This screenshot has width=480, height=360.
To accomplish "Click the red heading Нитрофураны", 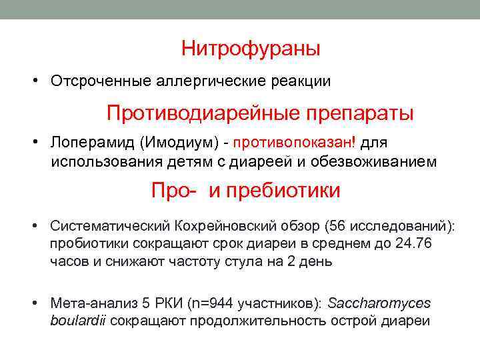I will pos(251,49).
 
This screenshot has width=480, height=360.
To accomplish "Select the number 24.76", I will pos(413,244).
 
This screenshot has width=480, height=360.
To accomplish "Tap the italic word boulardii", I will pos(78,321).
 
